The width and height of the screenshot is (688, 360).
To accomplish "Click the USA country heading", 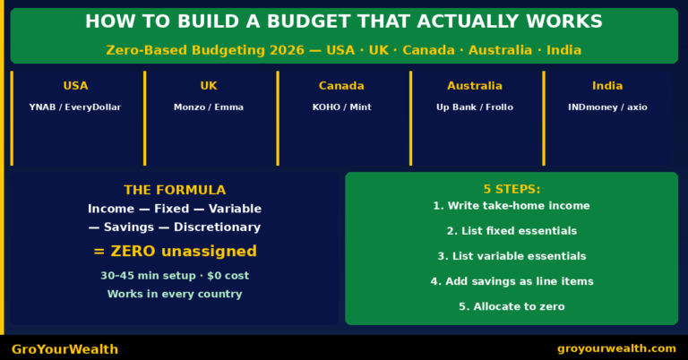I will point(75,86).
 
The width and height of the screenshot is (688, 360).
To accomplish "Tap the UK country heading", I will point(209,86).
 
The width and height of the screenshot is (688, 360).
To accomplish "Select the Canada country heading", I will point(341,86).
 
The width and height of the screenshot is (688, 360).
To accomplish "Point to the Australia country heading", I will point(475,86).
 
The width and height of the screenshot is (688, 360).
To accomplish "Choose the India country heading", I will point(607,86).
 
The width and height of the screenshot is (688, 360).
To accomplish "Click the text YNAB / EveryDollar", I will point(75,107).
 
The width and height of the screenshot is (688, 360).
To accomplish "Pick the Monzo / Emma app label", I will point(209,107).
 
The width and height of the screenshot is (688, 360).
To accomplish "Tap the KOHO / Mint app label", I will point(341,107).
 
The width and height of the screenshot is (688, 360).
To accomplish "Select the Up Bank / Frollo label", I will point(475,107).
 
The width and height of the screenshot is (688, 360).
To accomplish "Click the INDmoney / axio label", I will point(607,107).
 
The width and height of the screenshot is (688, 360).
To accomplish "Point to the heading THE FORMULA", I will point(175,190).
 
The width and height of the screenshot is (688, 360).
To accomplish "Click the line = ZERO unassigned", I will point(175,252).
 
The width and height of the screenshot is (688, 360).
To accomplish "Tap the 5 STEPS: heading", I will point(512,189).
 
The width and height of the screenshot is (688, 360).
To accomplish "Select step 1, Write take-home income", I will point(512,206).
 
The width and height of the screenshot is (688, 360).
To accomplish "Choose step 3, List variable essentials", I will point(512,256).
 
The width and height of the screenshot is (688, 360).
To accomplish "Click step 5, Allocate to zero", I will point(512,306).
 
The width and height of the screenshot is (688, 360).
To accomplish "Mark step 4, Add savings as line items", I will point(512,281).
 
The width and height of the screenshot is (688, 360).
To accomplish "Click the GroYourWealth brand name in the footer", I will point(64,349).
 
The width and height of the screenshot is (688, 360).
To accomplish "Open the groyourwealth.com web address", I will point(616,348).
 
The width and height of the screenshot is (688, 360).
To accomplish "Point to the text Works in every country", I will point(175,294).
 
